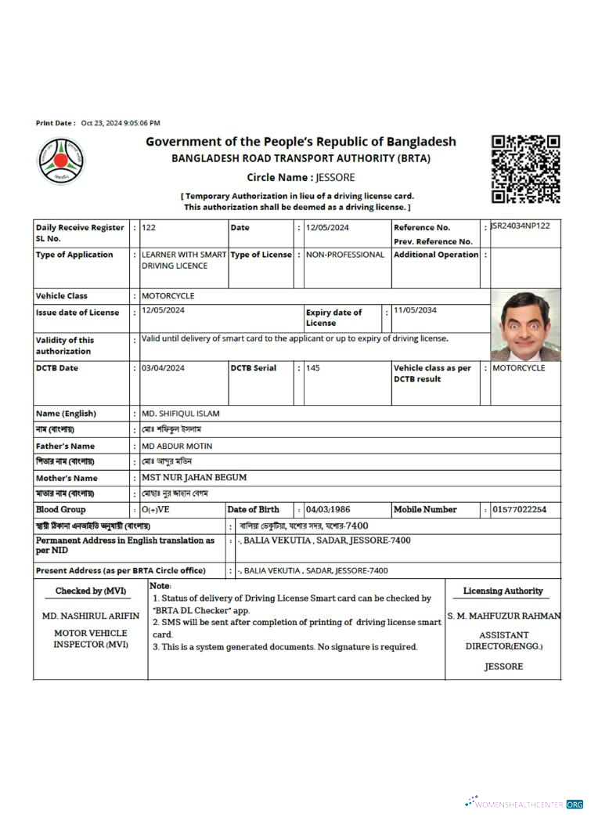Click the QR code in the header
(x=525, y=169)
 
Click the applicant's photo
(x=525, y=324)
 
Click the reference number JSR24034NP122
(x=520, y=226)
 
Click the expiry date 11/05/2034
(x=416, y=310)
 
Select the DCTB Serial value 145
(x=312, y=368)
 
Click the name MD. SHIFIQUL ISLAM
(x=180, y=414)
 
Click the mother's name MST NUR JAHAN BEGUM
(x=194, y=477)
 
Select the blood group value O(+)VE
(x=155, y=510)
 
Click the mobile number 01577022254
(x=519, y=510)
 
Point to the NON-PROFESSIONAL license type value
(x=344, y=255)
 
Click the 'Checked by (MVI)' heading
(x=91, y=591)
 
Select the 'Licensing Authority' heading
(x=503, y=591)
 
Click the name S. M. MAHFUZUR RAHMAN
(x=503, y=616)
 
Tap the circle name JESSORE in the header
(x=336, y=178)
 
